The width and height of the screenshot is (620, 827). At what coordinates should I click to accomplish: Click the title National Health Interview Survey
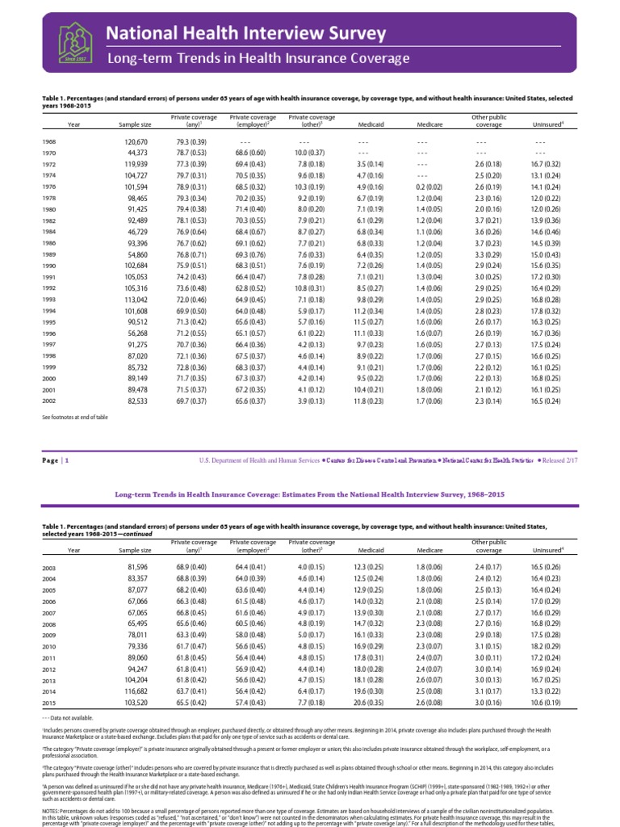coord(247,33)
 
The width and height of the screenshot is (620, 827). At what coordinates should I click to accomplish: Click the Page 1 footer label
coord(57,460)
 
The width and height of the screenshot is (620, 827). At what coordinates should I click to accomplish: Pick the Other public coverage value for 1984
coord(488,232)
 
